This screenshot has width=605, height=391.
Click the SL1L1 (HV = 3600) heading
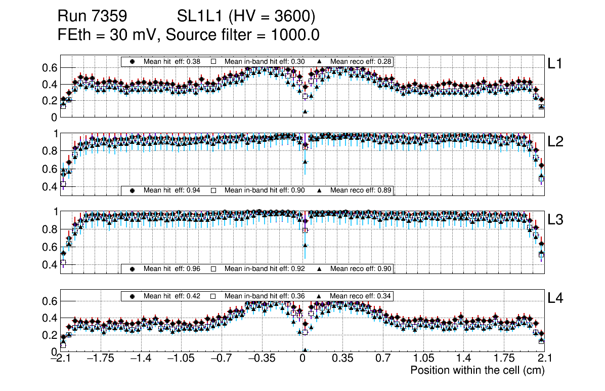coord(246,17)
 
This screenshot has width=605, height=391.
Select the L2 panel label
coord(555,142)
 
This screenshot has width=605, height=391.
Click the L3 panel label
coord(555,220)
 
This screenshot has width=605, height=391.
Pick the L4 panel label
coord(555,299)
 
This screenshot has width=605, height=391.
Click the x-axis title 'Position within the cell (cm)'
coord(477,370)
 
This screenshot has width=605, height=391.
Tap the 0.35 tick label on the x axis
coord(342,359)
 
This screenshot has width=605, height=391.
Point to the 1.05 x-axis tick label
coord(423,359)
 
